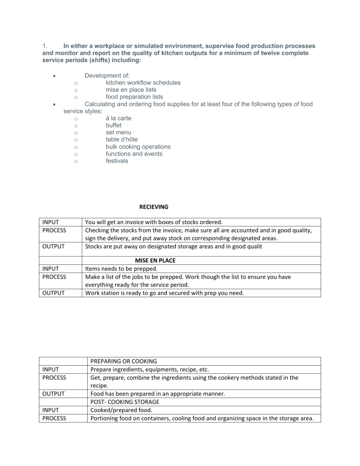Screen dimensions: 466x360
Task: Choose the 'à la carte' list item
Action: (x=119, y=118)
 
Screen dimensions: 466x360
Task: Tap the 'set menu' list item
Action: (x=120, y=132)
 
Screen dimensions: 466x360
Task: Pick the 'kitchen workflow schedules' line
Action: (x=143, y=83)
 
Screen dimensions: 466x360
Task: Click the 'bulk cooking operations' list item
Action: (x=138, y=147)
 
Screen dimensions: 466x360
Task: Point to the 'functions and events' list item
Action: (x=135, y=154)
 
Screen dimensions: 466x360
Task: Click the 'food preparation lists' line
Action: (x=134, y=97)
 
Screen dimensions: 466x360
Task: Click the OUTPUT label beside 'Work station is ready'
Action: (x=55, y=293)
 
